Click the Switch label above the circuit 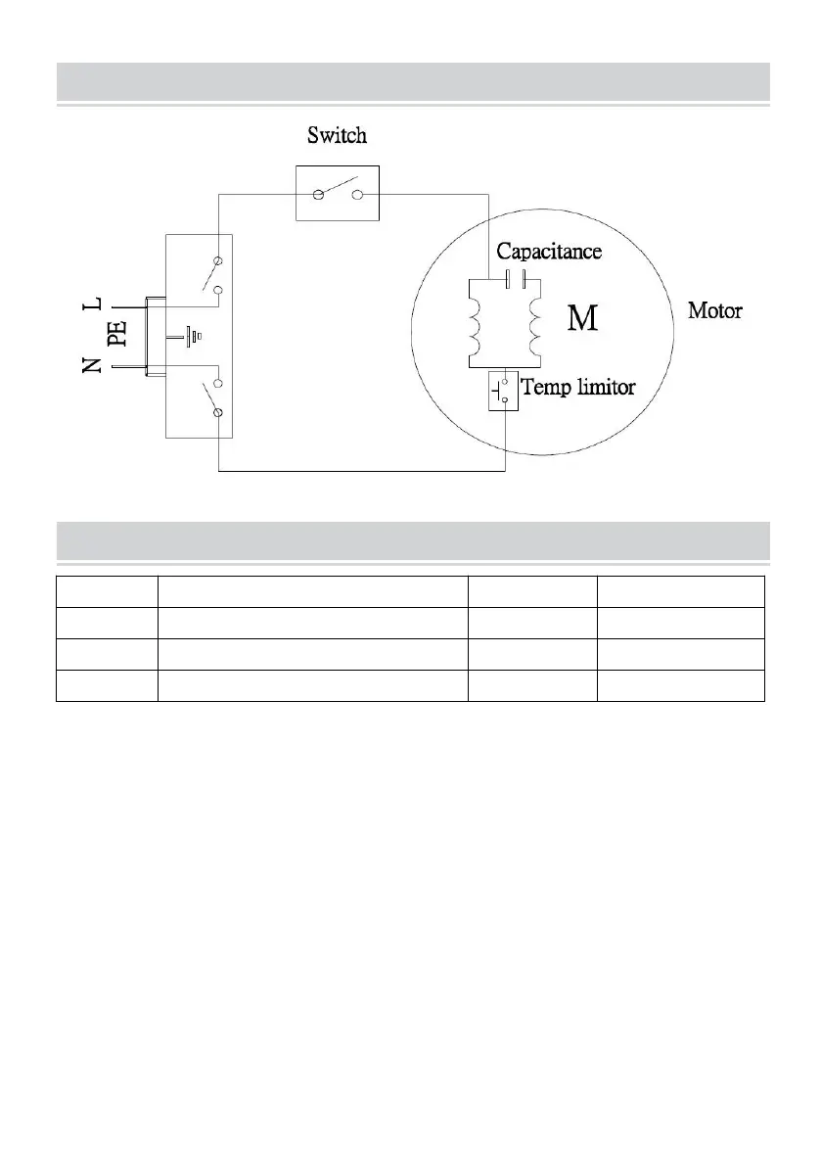tap(337, 135)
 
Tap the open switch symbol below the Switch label tap(338, 193)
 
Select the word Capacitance tap(548, 252)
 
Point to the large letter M tap(583, 318)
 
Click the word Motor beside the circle tap(714, 312)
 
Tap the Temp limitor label tap(578, 387)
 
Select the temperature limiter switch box tap(503, 392)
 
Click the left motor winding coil tap(477, 330)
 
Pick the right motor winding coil tap(533, 330)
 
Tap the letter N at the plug tap(93, 366)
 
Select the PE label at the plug tap(117, 336)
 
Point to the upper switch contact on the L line tap(211, 275)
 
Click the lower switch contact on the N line tap(209, 398)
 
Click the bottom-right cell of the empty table tap(681, 685)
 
